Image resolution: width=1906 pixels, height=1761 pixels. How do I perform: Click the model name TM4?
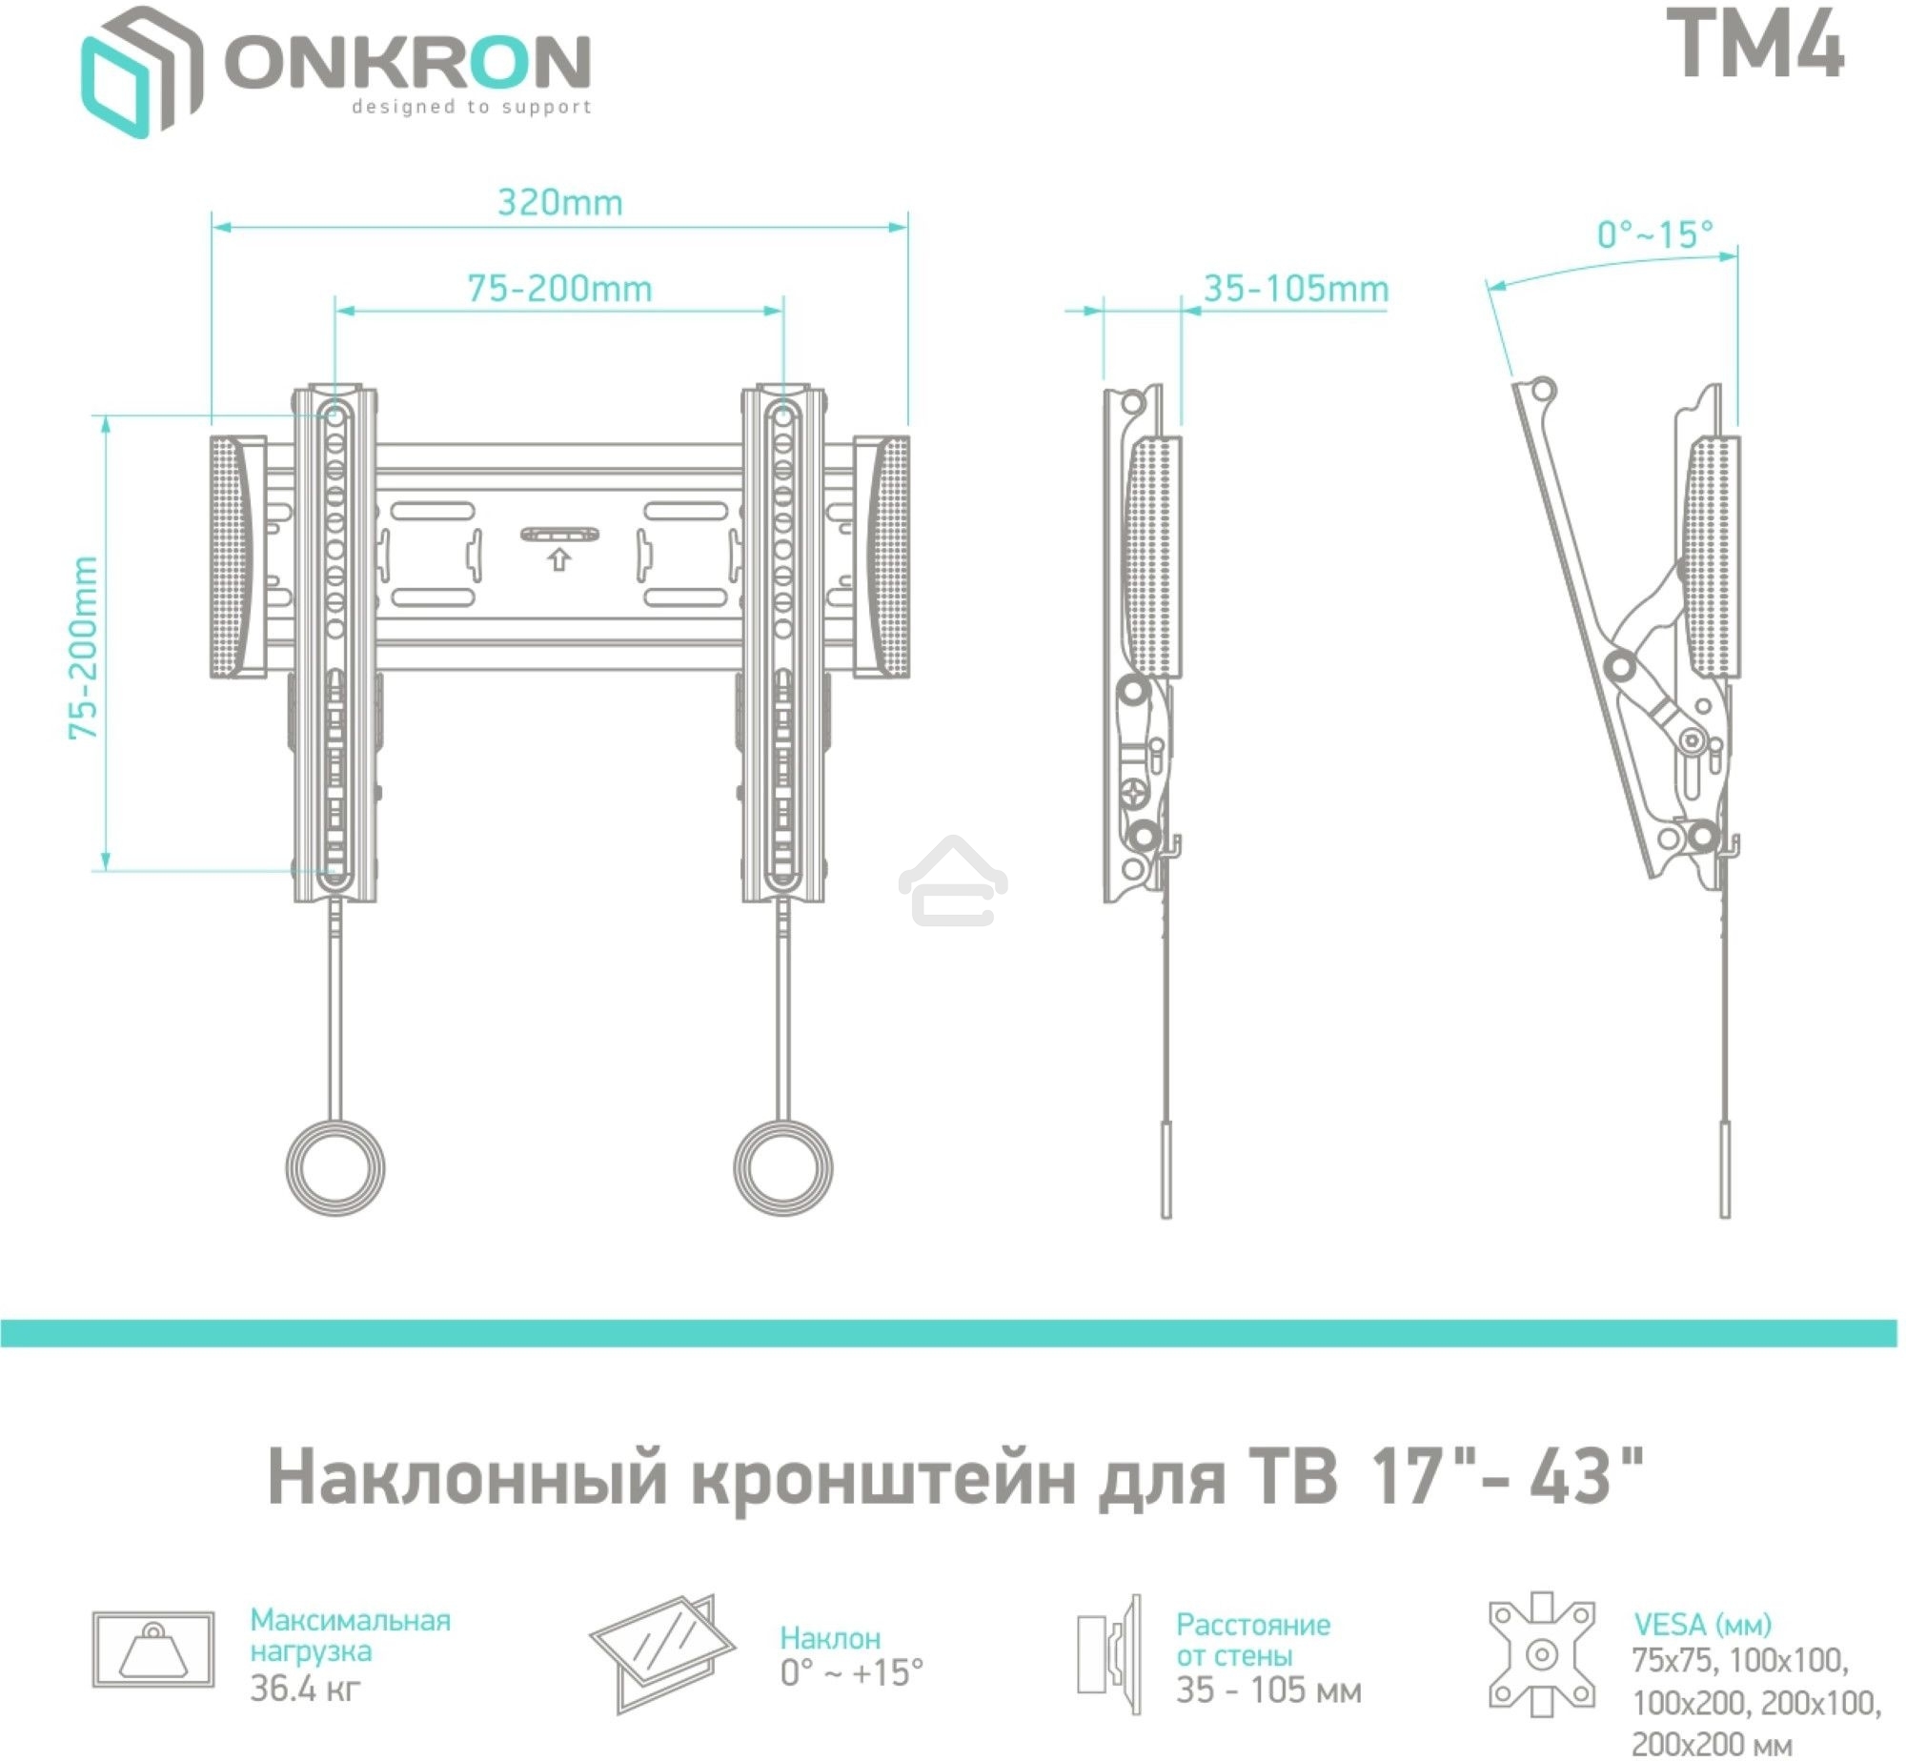[1759, 45]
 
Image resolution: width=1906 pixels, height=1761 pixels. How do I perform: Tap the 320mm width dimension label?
[560, 203]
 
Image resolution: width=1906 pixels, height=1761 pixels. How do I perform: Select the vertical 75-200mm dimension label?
[84, 648]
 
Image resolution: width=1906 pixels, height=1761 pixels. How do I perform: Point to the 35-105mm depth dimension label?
[1296, 289]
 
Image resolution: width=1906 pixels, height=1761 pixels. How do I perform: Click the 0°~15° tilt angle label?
[1655, 234]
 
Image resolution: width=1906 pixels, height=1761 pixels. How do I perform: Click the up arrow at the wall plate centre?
[558, 559]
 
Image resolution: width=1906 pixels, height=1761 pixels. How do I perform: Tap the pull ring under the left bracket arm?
[335, 1167]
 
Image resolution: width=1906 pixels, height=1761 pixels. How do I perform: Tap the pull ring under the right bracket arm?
[782, 1167]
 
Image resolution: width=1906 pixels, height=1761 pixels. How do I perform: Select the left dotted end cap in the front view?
[229, 557]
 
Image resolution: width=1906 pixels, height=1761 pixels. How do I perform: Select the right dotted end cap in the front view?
[890, 557]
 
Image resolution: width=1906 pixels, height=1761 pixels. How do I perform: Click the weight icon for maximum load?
[153, 1650]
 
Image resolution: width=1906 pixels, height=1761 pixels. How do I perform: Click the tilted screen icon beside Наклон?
[663, 1652]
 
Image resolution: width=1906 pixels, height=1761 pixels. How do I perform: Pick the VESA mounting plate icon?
[1542, 1654]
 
